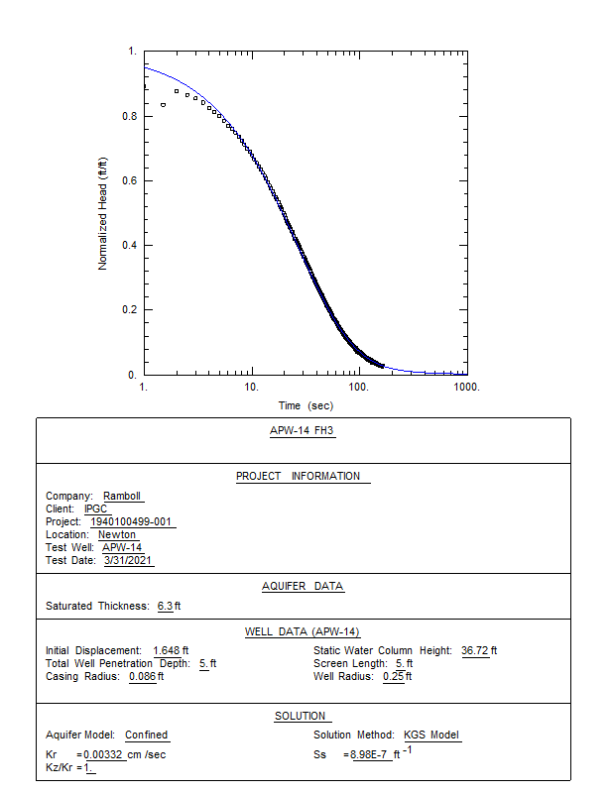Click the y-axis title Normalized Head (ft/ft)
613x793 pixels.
pos(103,213)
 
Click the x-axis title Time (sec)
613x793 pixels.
pos(306,406)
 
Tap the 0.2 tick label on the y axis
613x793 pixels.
pos(130,310)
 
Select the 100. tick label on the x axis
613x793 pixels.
pos(359,387)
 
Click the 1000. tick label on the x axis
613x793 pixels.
pos(466,387)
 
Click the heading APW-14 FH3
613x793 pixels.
pos(303,431)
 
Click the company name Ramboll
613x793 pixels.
pos(124,497)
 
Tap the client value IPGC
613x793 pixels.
pos(95,510)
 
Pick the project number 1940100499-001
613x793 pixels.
pos(133,522)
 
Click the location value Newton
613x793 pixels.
pos(117,535)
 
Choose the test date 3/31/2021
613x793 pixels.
pos(129,561)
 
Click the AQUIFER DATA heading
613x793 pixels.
pos(303,586)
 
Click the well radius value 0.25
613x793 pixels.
pos(393,676)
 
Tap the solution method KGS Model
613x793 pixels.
pos(431,736)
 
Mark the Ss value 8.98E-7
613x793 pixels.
pos(369,755)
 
